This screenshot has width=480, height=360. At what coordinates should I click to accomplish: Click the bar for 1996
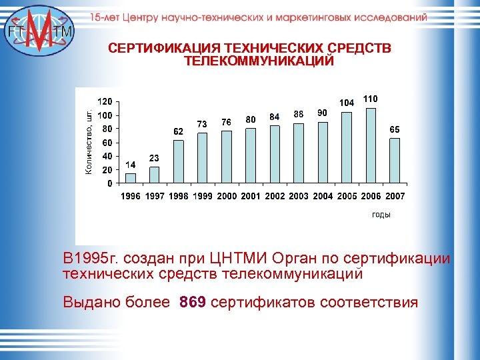[x=131, y=178]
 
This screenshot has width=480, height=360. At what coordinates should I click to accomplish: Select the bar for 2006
[x=371, y=145]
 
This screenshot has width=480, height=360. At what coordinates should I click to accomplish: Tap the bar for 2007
[x=395, y=160]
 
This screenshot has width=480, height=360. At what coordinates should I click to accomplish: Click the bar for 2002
[x=275, y=154]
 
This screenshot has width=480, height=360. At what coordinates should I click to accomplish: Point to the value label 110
[x=370, y=99]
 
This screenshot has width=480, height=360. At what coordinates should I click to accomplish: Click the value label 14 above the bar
[x=131, y=164]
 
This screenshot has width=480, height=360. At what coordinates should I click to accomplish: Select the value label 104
[x=347, y=103]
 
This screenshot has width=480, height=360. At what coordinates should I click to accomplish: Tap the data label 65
[x=395, y=129]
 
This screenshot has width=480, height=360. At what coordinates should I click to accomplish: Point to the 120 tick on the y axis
[x=105, y=102]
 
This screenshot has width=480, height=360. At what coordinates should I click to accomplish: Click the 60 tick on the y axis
[x=107, y=143]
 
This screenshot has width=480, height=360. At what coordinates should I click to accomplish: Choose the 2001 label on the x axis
[x=251, y=197]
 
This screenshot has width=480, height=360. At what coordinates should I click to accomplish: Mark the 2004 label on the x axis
[x=323, y=197]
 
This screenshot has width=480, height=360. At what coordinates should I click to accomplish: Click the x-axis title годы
[x=381, y=215]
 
